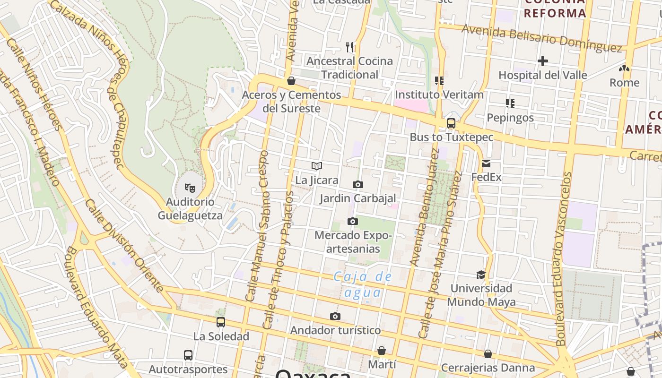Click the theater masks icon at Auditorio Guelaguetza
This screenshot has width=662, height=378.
pos(190,188)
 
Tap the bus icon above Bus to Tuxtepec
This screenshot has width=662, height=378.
pos(451,123)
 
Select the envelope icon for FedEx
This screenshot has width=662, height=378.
pos(486,164)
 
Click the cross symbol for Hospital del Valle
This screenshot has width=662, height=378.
pos(542,61)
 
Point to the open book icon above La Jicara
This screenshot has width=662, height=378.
pos(317,166)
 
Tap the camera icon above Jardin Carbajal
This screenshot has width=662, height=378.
pos(358,184)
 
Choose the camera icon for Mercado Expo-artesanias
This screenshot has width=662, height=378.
pos(352,221)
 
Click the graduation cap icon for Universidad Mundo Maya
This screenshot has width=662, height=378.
pos(481,275)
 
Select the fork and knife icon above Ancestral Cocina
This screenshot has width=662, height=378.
pos(349,47)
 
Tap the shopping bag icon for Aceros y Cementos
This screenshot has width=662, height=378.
pos(291,81)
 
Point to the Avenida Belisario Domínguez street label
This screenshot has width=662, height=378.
pos(541,38)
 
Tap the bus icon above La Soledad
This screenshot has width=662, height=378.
pos(221,322)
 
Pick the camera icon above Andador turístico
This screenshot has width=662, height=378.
pos(335,316)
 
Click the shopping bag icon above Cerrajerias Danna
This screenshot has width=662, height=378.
pos(488,354)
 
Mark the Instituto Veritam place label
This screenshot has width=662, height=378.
pos(439,94)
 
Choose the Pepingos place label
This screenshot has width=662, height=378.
pos(510,118)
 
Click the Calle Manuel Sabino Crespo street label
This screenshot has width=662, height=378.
pos(257,226)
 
